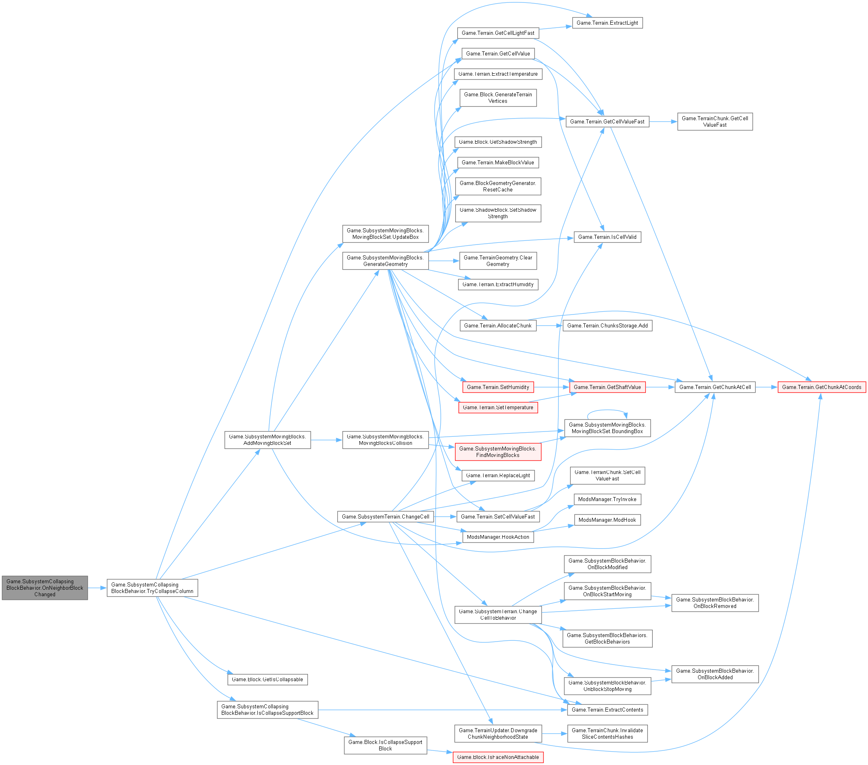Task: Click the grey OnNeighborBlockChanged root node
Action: point(45,588)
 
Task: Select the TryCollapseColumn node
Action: point(152,588)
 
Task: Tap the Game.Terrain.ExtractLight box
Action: point(607,23)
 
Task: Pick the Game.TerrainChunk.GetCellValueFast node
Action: point(715,121)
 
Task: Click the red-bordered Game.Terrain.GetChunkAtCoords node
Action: point(821,387)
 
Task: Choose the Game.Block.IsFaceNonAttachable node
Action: point(498,757)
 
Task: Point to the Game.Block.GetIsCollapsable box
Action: point(267,680)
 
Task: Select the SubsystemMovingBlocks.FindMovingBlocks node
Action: point(498,452)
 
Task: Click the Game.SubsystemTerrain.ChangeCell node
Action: point(385,517)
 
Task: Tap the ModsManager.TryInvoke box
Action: point(607,499)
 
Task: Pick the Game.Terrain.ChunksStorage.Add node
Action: point(607,326)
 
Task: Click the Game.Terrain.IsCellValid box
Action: point(607,237)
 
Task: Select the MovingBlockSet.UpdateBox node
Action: point(385,234)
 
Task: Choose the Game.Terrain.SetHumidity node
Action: point(498,387)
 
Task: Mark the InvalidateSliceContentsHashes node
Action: point(607,733)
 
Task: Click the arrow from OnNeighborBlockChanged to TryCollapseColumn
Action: point(97,588)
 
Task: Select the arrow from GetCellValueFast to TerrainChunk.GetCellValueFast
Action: point(663,121)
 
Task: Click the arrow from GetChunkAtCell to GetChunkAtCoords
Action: point(766,387)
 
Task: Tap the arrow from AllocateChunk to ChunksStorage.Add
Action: point(550,326)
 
